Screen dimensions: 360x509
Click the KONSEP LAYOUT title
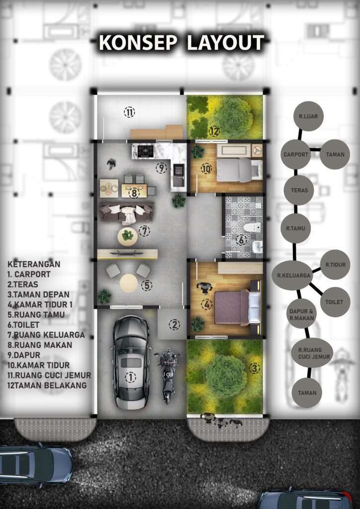pos(181,43)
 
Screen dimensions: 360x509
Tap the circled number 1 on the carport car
pos(130,377)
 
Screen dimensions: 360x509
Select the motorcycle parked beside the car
pos(168,376)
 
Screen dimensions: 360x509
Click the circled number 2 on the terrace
pos(175,325)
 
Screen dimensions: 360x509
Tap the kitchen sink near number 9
pos(178,171)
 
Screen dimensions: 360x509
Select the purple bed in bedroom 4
pos(238,307)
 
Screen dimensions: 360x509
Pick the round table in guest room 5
pos(129,283)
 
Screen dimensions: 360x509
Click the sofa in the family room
pos(126,213)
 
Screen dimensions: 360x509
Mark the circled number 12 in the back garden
pos(214,131)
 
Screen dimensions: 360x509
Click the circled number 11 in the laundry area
pos(129,112)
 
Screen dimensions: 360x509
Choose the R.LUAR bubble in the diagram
pos(308,116)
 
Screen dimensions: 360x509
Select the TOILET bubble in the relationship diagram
pos(334,302)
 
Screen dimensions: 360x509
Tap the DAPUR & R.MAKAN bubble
pos(301,315)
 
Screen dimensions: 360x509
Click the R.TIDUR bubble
pos(335,264)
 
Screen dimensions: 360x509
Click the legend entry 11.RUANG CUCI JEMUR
pos(49,375)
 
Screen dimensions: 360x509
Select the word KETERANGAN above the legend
pos(34,264)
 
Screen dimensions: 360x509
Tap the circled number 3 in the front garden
pos(254,368)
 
